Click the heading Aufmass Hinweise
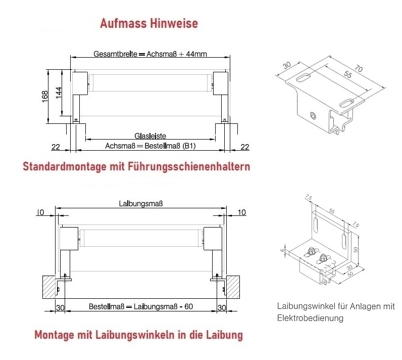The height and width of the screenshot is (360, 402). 149,23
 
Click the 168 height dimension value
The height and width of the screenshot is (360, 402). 45,97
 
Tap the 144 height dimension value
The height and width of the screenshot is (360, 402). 59,93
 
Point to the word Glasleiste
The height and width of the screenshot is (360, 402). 150,136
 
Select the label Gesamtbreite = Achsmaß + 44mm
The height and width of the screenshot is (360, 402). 150,54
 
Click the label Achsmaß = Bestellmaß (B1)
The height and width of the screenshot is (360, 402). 150,146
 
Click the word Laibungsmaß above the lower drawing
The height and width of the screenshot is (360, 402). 141,204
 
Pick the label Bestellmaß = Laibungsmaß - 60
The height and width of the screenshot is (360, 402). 141,306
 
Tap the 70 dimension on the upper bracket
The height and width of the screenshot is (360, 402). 359,68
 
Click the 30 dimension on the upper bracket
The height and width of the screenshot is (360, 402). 287,65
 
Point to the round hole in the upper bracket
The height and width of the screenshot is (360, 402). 313,116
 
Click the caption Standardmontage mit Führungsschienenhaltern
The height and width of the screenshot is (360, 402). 136,166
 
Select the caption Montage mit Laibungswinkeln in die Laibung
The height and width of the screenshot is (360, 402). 139,335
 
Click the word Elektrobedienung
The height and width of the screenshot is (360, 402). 310,318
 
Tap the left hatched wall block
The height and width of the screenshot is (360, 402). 49,287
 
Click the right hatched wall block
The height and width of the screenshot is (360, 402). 233,287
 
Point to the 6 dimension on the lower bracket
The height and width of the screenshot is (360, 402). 282,250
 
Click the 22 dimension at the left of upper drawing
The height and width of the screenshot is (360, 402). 56,147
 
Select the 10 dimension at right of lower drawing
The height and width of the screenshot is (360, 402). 242,212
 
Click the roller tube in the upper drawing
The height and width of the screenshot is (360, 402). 151,82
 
